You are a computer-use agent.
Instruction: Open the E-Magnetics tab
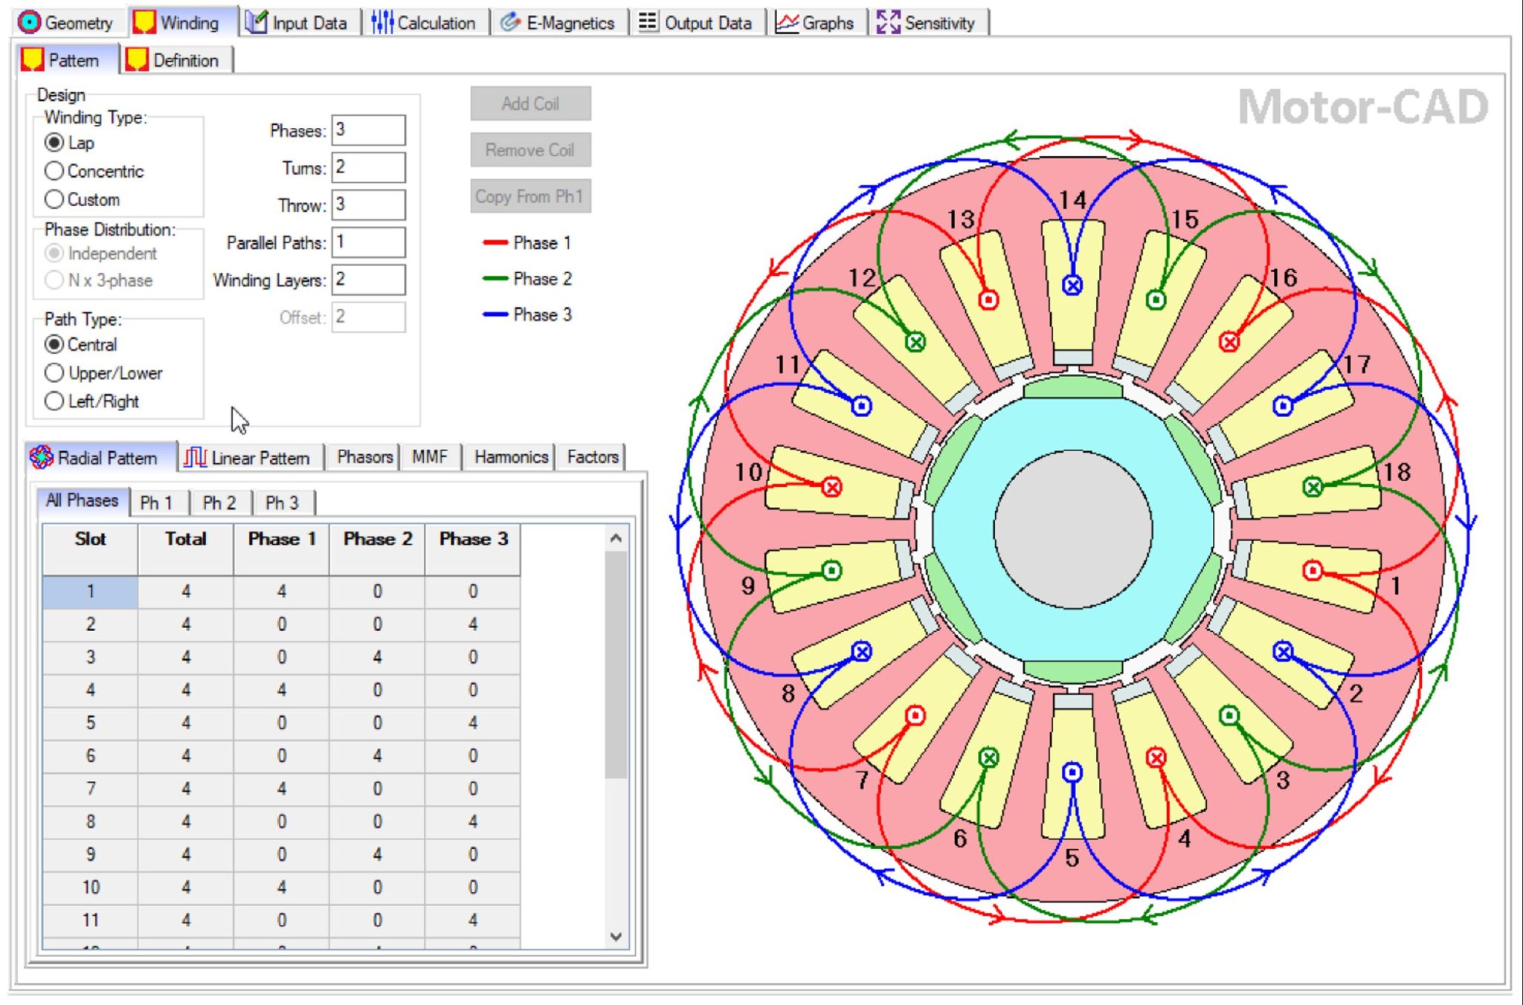point(558,23)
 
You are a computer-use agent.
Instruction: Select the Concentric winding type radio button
point(54,171)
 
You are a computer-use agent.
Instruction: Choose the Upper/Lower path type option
point(54,372)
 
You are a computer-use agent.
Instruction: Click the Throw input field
point(368,204)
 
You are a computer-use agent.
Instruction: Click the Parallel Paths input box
point(368,242)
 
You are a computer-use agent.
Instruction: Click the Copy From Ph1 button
point(529,196)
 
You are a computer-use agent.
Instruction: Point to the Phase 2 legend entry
point(528,279)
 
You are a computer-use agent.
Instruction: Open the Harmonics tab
point(510,456)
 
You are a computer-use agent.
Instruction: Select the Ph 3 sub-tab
point(282,503)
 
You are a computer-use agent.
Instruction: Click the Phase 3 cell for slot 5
point(473,723)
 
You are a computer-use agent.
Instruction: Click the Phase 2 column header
point(377,540)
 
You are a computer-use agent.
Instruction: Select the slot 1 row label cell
point(90,592)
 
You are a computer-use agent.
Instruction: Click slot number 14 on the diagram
point(1073,200)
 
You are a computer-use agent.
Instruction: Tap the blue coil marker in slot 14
point(1072,285)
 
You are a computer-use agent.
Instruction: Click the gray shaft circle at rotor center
point(1072,529)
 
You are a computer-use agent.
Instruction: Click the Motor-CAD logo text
point(1362,108)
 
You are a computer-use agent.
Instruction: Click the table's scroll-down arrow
point(616,937)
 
